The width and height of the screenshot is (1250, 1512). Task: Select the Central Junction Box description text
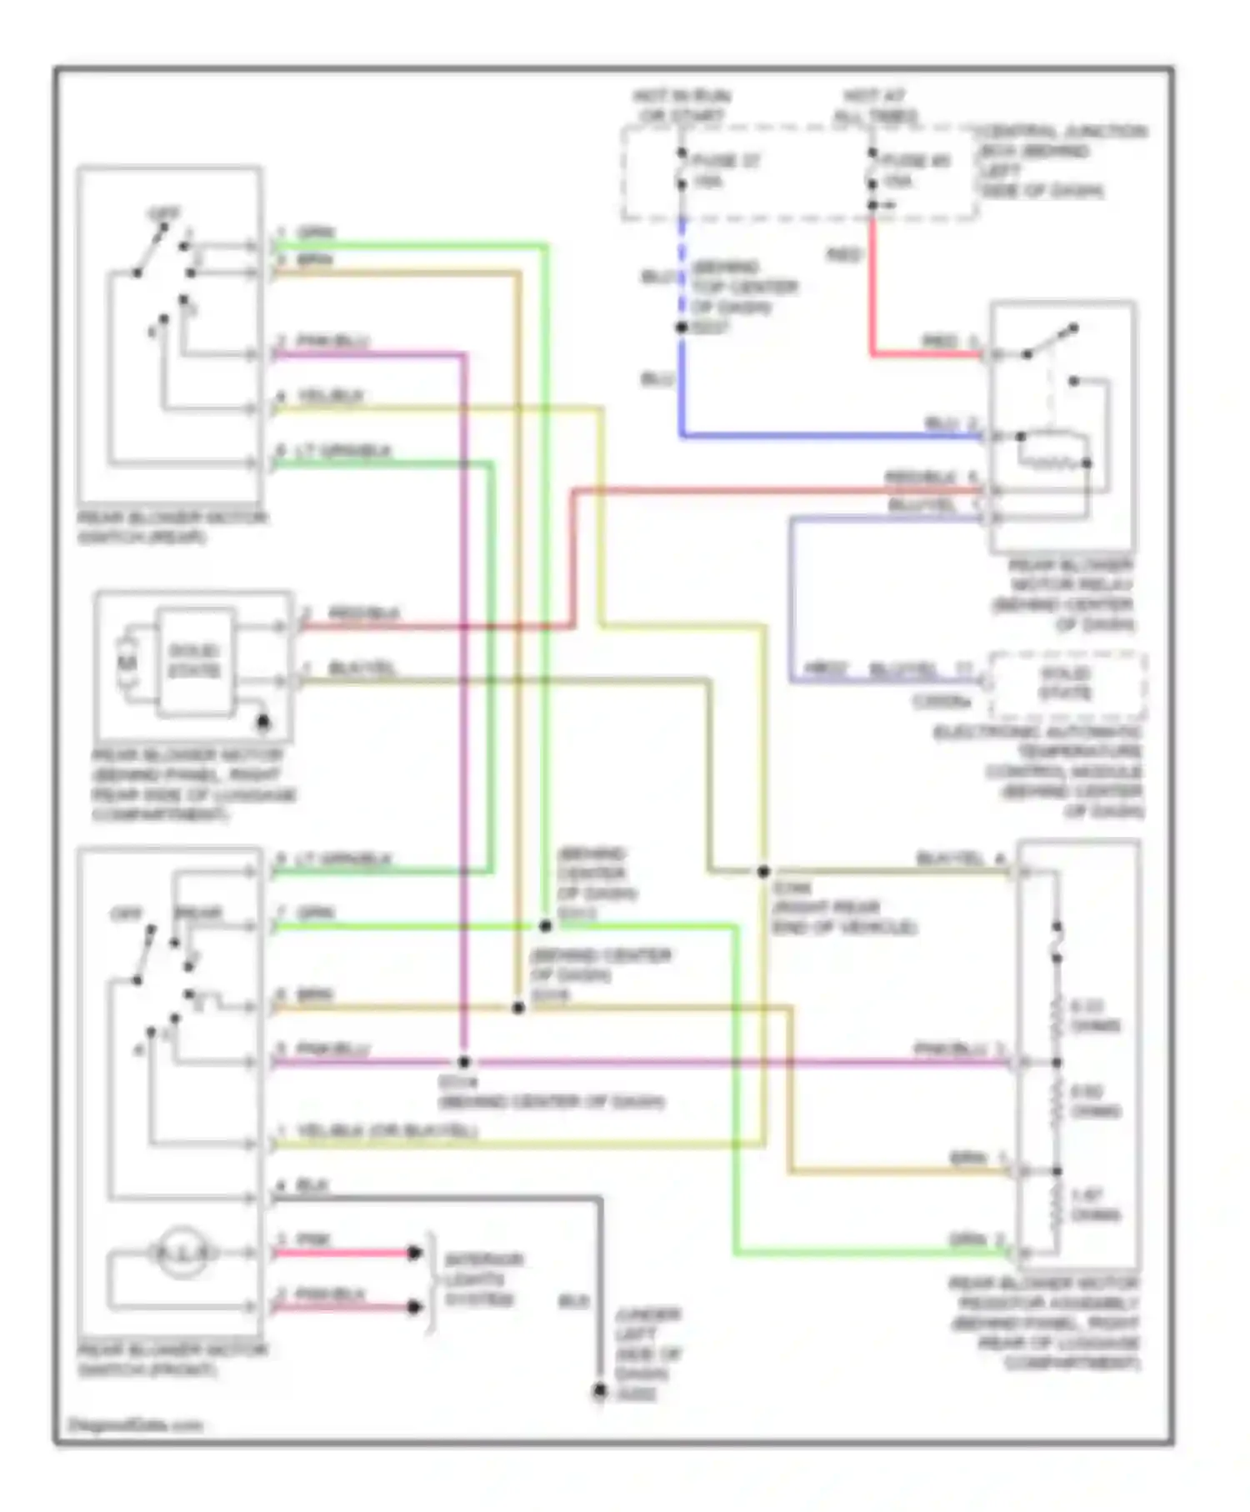click(x=1060, y=161)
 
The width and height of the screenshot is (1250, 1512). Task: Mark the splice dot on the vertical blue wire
click(x=682, y=328)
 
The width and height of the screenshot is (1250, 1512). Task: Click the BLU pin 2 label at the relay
click(x=950, y=423)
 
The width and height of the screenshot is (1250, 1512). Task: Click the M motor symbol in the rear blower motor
click(x=127, y=663)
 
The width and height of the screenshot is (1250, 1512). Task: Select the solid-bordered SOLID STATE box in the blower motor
click(x=195, y=661)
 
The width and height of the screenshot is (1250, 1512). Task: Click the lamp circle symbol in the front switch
click(x=182, y=1251)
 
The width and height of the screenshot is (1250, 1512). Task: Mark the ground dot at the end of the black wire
click(x=599, y=1390)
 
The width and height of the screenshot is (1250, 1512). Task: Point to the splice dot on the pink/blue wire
click(x=464, y=1062)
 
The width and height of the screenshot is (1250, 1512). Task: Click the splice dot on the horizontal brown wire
click(x=517, y=1008)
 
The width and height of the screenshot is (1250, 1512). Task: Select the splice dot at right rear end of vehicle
click(x=763, y=872)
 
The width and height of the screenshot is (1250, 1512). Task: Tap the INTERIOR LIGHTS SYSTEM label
click(x=481, y=1279)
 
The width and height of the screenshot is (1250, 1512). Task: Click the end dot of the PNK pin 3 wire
click(x=414, y=1253)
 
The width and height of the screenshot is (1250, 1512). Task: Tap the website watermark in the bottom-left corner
click(x=135, y=1424)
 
